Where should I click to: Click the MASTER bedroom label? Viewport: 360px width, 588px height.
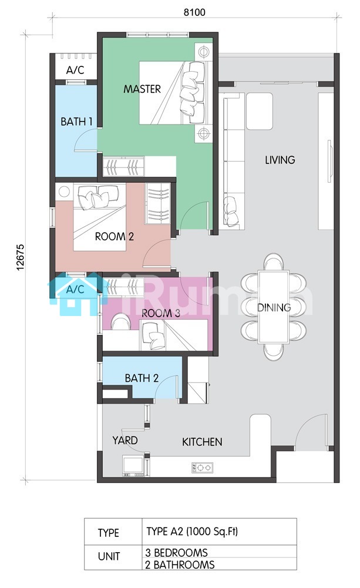pyautogui.click(x=142, y=89)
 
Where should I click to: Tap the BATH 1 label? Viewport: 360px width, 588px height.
pyautogui.click(x=76, y=122)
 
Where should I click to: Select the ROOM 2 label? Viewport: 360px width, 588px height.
pyautogui.click(x=115, y=237)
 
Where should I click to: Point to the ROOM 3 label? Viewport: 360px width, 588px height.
pyautogui.click(x=161, y=313)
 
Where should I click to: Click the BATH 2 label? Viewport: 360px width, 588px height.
pyautogui.click(x=142, y=378)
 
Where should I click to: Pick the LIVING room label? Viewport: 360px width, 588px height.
pyautogui.click(x=280, y=160)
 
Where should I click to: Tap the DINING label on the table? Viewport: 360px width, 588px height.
pyautogui.click(x=274, y=307)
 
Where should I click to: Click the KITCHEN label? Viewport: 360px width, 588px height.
pyautogui.click(x=202, y=442)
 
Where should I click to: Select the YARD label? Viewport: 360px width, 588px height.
pyautogui.click(x=125, y=440)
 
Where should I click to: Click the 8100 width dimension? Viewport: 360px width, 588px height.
pyautogui.click(x=194, y=12)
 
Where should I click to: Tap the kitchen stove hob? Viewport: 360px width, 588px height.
pyautogui.click(x=203, y=468)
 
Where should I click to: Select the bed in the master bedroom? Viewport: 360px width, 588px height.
pyautogui.click(x=173, y=93)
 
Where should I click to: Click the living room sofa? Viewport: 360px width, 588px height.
pyautogui.click(x=234, y=162)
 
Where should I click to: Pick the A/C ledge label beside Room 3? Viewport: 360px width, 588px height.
pyautogui.click(x=75, y=290)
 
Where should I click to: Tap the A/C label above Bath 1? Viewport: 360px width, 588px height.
pyautogui.click(x=75, y=70)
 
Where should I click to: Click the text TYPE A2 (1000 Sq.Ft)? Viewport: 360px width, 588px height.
pyautogui.click(x=192, y=532)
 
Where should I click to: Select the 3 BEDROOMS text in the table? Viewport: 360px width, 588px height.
pyautogui.click(x=177, y=553)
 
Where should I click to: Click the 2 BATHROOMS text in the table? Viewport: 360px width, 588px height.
pyautogui.click(x=180, y=565)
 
